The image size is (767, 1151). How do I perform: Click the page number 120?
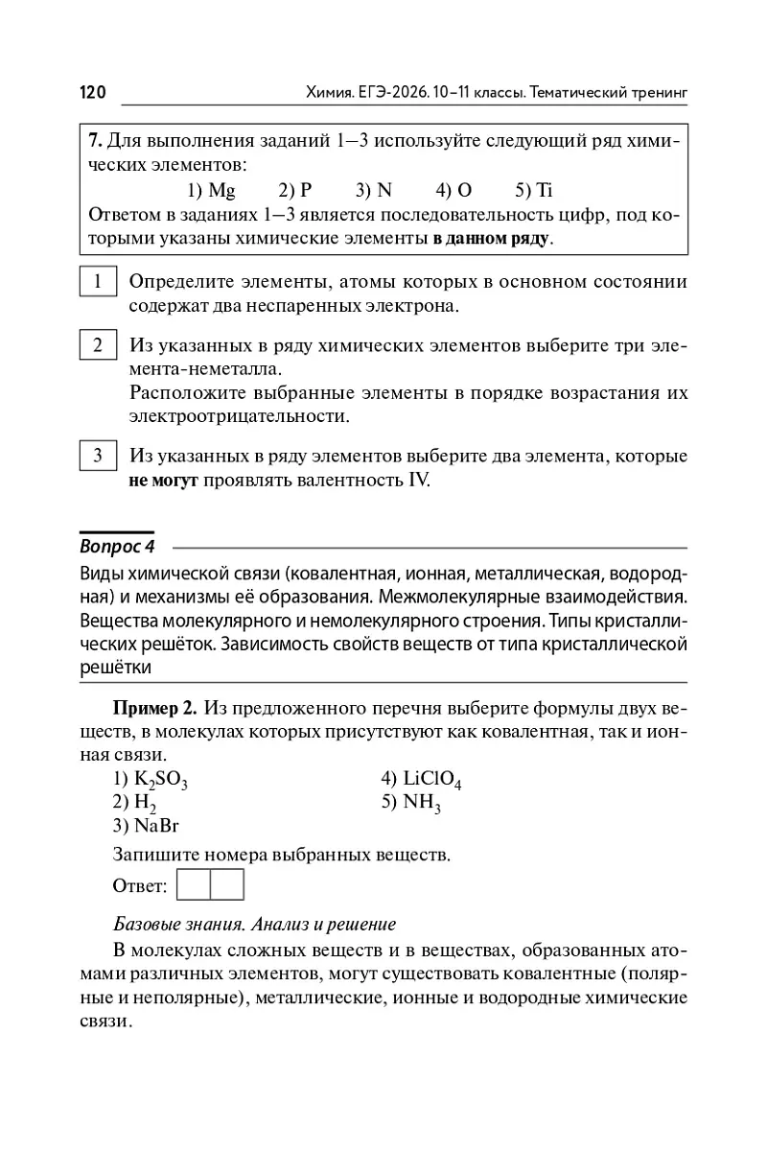[92, 92]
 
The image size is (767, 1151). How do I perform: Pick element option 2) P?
[295, 189]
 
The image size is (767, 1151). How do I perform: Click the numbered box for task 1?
[98, 283]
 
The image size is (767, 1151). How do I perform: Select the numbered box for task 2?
[98, 345]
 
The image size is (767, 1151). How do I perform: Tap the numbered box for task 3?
[98, 456]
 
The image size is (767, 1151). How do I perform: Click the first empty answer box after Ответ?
[195, 884]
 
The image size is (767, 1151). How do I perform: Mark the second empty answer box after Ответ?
[227, 884]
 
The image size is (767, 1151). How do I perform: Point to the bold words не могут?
[163, 480]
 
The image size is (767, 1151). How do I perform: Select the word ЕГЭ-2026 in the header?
[392, 93]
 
